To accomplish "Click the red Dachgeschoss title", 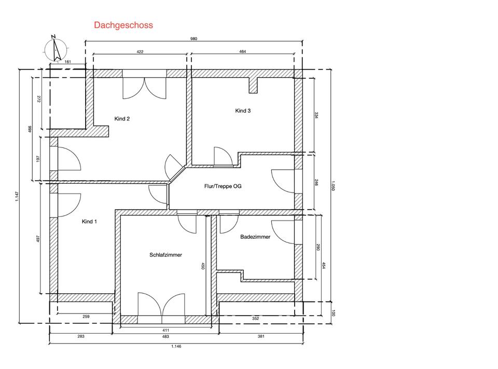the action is [123, 25].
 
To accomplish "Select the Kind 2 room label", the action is [122, 119].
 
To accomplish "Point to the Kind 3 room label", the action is [243, 111].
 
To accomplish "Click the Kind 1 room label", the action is [89, 222].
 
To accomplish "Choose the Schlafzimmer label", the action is [166, 255].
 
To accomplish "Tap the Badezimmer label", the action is [255, 237].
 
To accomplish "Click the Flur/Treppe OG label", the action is [223, 186].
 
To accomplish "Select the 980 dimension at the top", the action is [193, 39].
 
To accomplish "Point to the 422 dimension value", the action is [140, 51].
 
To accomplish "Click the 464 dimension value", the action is [243, 51].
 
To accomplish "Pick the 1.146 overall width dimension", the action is [176, 346].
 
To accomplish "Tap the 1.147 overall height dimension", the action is [17, 196].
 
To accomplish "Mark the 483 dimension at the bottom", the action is [165, 336].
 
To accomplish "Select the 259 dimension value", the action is [86, 317].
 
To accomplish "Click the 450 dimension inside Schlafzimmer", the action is [203, 266].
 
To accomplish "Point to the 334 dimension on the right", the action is [316, 115].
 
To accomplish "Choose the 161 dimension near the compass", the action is [67, 62].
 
